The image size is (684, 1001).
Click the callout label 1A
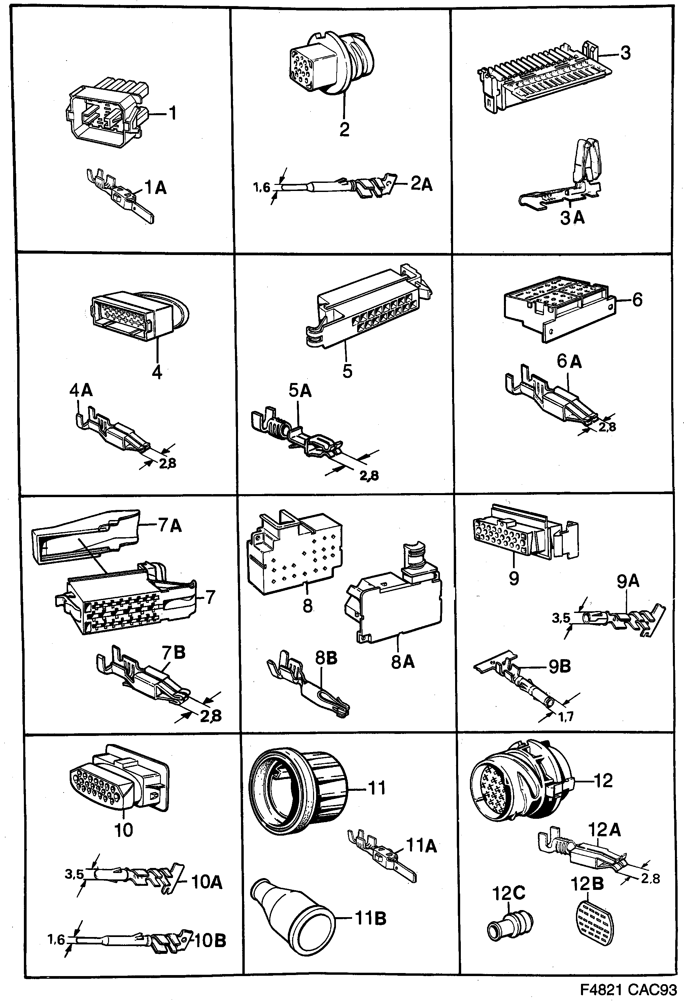pyautogui.click(x=155, y=188)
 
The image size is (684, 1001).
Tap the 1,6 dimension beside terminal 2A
pyautogui.click(x=261, y=187)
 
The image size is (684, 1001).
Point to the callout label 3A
pyautogui.click(x=572, y=218)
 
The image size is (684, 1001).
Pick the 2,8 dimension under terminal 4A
pyautogui.click(x=167, y=463)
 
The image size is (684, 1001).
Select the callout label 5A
pyautogui.click(x=300, y=391)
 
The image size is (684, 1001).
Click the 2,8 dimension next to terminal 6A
pyautogui.click(x=607, y=427)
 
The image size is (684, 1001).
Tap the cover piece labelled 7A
pyautogui.click(x=86, y=536)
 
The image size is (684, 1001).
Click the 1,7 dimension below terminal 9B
pyautogui.click(x=566, y=716)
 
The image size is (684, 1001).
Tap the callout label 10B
pyautogui.click(x=208, y=941)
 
